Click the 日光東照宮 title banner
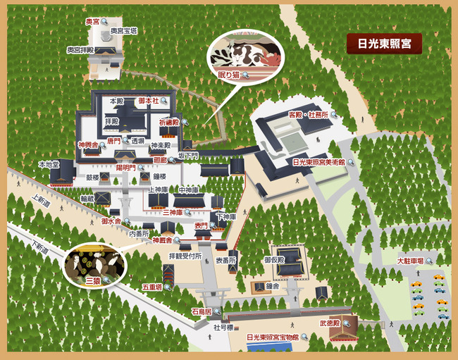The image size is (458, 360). (x=384, y=44)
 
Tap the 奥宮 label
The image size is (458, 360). (x=93, y=22)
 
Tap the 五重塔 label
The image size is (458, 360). (x=152, y=287)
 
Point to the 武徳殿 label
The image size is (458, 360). (x=330, y=323)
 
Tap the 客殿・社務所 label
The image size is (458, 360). (x=309, y=114)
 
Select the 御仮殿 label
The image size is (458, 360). (x=275, y=260)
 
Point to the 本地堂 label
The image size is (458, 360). (x=49, y=163)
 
